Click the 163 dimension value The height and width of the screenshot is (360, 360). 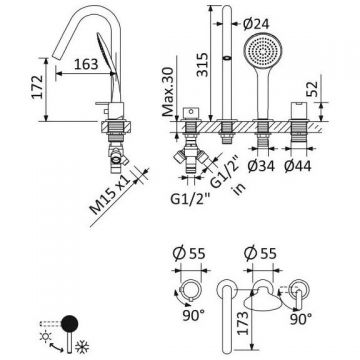coord(86,64)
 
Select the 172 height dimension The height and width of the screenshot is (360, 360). coord(37,87)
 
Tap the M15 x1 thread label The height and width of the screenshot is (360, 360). coord(110,195)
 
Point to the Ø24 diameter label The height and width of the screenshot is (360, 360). coord(256,24)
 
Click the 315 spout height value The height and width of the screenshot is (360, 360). coord(202,65)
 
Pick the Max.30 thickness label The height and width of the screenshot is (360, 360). coord(169,91)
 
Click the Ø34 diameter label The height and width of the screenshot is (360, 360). coord(261,166)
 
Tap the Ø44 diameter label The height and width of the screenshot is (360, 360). coord(298,166)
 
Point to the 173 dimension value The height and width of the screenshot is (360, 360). coord(244,323)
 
